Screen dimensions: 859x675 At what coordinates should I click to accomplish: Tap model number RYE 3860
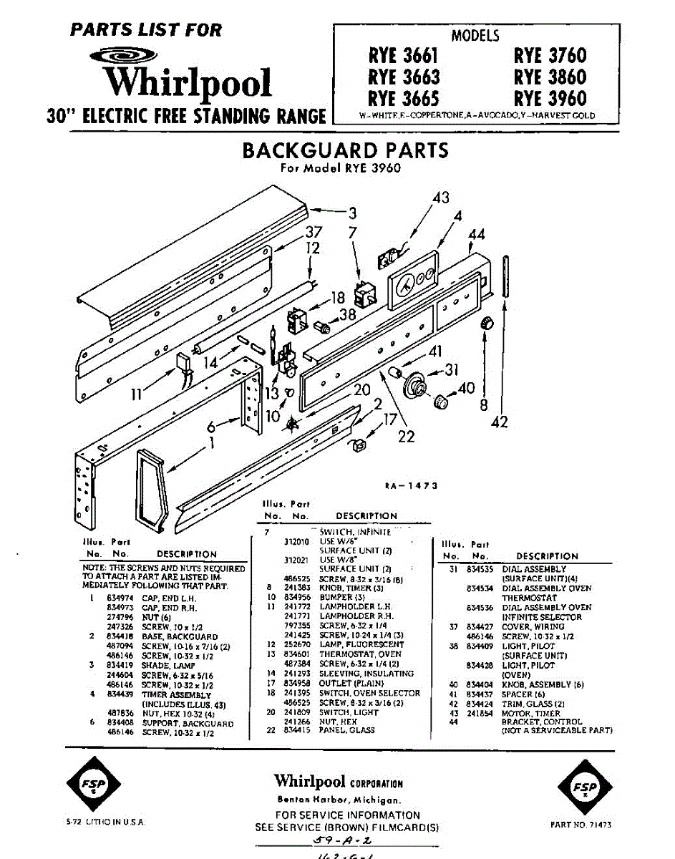pyautogui.click(x=549, y=77)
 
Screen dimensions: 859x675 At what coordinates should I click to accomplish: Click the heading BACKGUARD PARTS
pyautogui.click(x=345, y=150)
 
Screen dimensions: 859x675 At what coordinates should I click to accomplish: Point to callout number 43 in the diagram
pyautogui.click(x=441, y=197)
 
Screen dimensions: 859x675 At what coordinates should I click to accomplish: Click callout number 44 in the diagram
pyautogui.click(x=477, y=234)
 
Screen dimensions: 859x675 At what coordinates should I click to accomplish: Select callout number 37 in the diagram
pyautogui.click(x=313, y=232)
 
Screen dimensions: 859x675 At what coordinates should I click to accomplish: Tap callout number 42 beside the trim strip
pyautogui.click(x=499, y=422)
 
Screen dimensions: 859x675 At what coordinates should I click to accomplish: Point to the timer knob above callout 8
pyautogui.click(x=487, y=322)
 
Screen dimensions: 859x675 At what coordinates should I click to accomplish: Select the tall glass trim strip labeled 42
pyautogui.click(x=506, y=276)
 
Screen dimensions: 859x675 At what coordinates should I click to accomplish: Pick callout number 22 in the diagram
pyautogui.click(x=407, y=435)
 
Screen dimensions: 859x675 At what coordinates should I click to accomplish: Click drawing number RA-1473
pyautogui.click(x=409, y=486)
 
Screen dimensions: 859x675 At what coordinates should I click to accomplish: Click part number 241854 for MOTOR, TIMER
pyautogui.click(x=477, y=713)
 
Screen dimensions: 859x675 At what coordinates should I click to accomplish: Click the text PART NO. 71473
pyautogui.click(x=581, y=825)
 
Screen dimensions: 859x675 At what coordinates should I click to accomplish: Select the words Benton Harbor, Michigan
pyautogui.click(x=339, y=800)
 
